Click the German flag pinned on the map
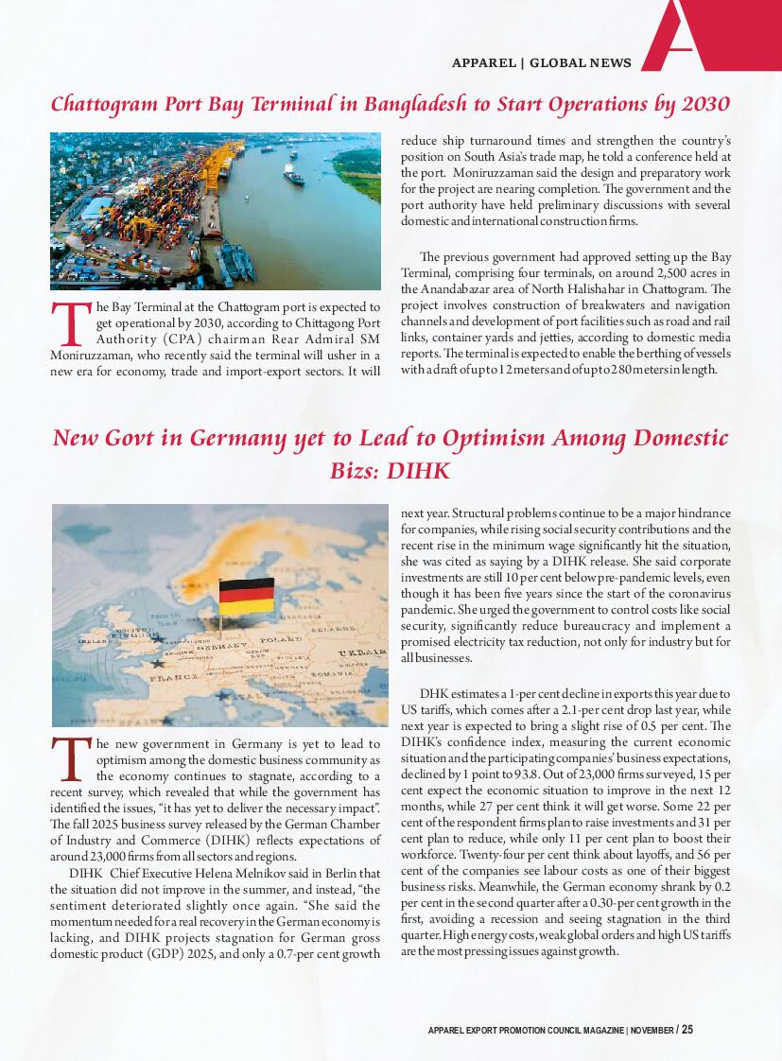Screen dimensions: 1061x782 (246, 597)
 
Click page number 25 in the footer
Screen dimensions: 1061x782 (687, 1029)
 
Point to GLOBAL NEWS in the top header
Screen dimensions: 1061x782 (580, 63)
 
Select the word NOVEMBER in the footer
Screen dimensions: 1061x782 (652, 1030)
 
